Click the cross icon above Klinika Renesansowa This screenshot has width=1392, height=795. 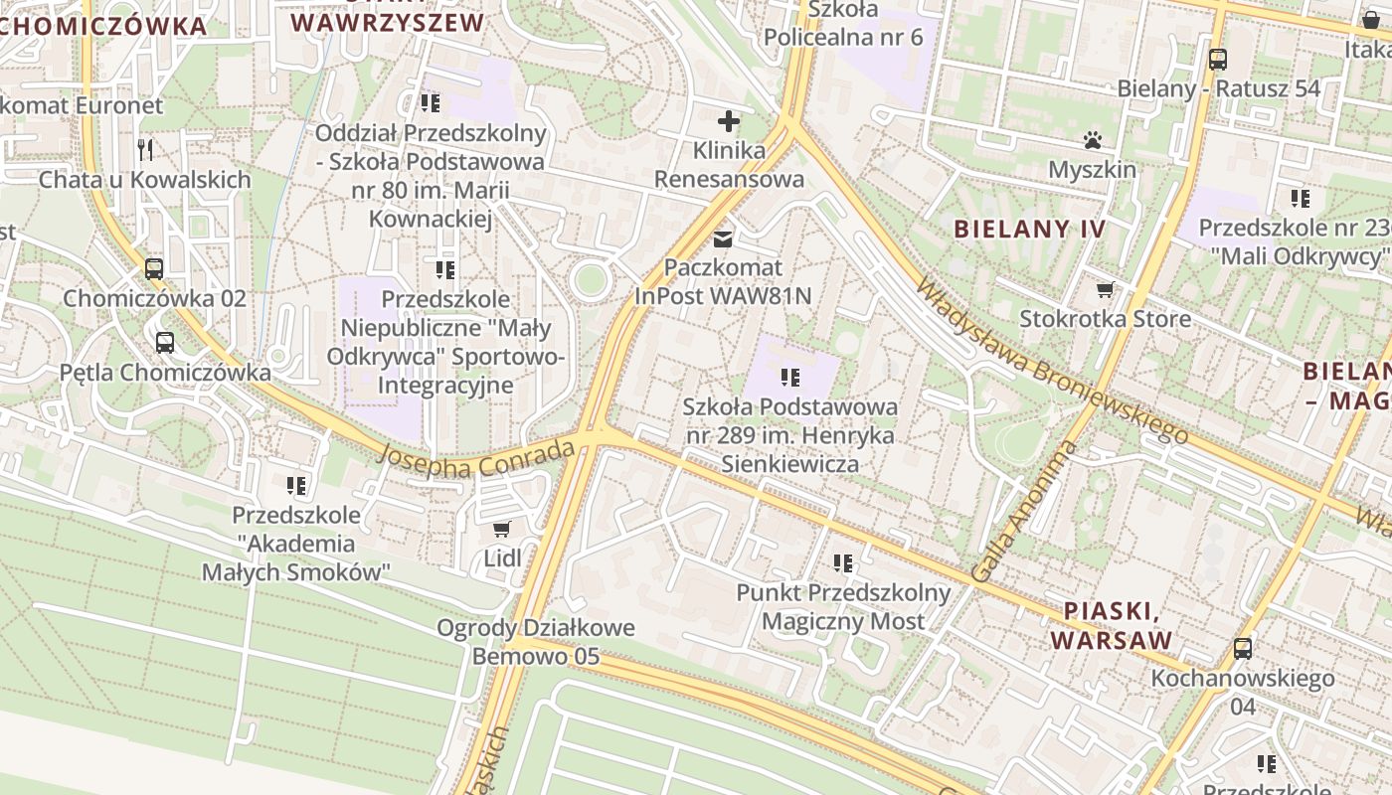tap(729, 121)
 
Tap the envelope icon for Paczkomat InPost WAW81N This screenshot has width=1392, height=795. tap(723, 238)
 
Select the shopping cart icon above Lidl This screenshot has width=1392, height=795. tap(502, 529)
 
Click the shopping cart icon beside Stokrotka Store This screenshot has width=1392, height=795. tap(1105, 290)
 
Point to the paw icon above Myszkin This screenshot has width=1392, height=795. tap(1092, 140)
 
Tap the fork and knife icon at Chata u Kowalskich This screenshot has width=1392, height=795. tap(145, 150)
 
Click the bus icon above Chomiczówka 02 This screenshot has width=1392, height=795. tap(154, 268)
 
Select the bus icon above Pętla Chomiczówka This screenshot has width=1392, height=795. tap(165, 343)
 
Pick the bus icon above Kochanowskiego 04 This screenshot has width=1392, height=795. tap(1242, 649)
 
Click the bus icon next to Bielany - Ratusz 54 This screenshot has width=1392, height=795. tap(1218, 59)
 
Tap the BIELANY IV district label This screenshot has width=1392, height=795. tap(1029, 229)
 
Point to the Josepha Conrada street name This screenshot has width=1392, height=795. tap(478, 457)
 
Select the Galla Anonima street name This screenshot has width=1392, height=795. tap(1023, 511)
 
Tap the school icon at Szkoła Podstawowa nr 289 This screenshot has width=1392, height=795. tap(790, 378)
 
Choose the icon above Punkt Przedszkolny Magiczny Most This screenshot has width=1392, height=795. tap(843, 563)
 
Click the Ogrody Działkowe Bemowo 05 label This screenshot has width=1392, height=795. tap(535, 642)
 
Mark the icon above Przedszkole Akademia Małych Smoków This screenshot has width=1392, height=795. tap(296, 486)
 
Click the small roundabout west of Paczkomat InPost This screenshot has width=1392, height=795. tap(590, 279)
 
